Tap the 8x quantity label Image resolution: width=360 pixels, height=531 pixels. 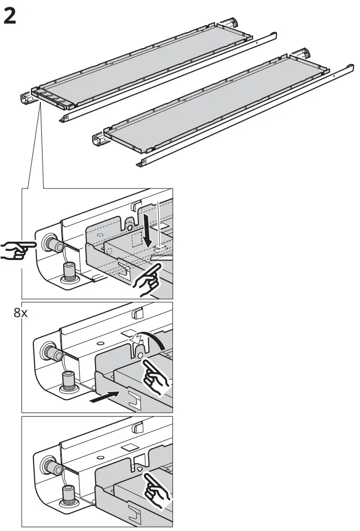tap(21, 314)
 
